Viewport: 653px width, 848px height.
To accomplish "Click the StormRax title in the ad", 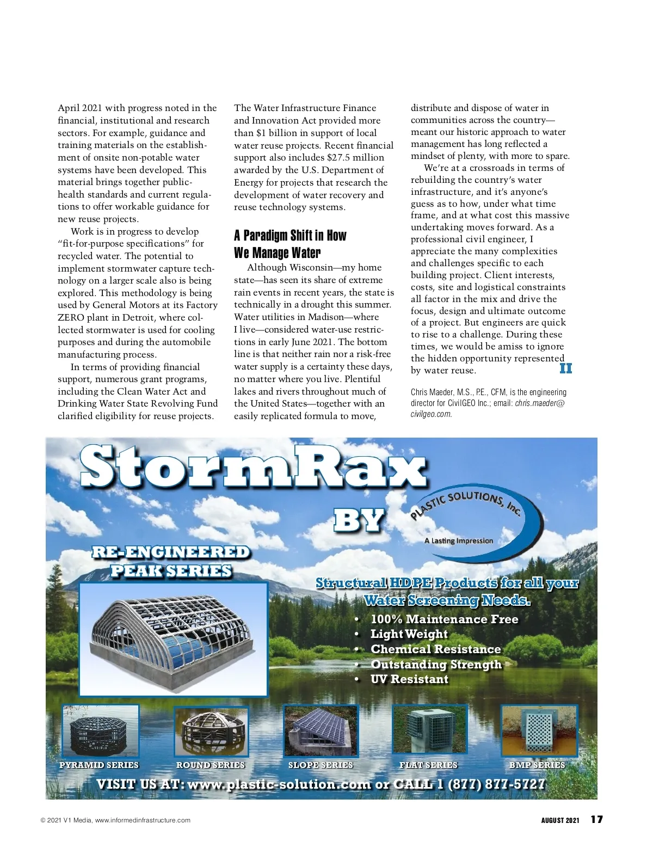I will tap(253, 467).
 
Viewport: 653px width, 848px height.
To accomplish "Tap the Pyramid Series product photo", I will tap(101, 731).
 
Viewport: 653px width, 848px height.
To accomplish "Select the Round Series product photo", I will tap(211, 732).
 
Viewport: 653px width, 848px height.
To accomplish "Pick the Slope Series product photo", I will tap(321, 731).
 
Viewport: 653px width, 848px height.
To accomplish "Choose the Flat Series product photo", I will tap(429, 731).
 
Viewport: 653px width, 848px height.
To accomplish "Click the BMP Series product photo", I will tap(539, 731).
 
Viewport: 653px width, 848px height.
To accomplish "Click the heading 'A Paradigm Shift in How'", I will tap(290, 236).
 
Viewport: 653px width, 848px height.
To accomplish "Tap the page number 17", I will tap(596, 820).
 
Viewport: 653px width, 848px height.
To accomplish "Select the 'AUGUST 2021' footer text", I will tap(560, 820).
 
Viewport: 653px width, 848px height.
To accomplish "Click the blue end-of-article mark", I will tap(565, 368).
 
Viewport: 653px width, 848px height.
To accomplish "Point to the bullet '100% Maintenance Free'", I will tap(444, 619).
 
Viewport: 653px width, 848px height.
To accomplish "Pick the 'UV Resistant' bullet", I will tap(409, 679).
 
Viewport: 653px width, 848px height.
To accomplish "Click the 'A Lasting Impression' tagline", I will tap(459, 540).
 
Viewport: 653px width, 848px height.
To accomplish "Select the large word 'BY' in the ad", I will tap(359, 520).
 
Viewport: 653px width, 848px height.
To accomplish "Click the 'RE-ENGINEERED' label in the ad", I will tap(171, 552).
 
